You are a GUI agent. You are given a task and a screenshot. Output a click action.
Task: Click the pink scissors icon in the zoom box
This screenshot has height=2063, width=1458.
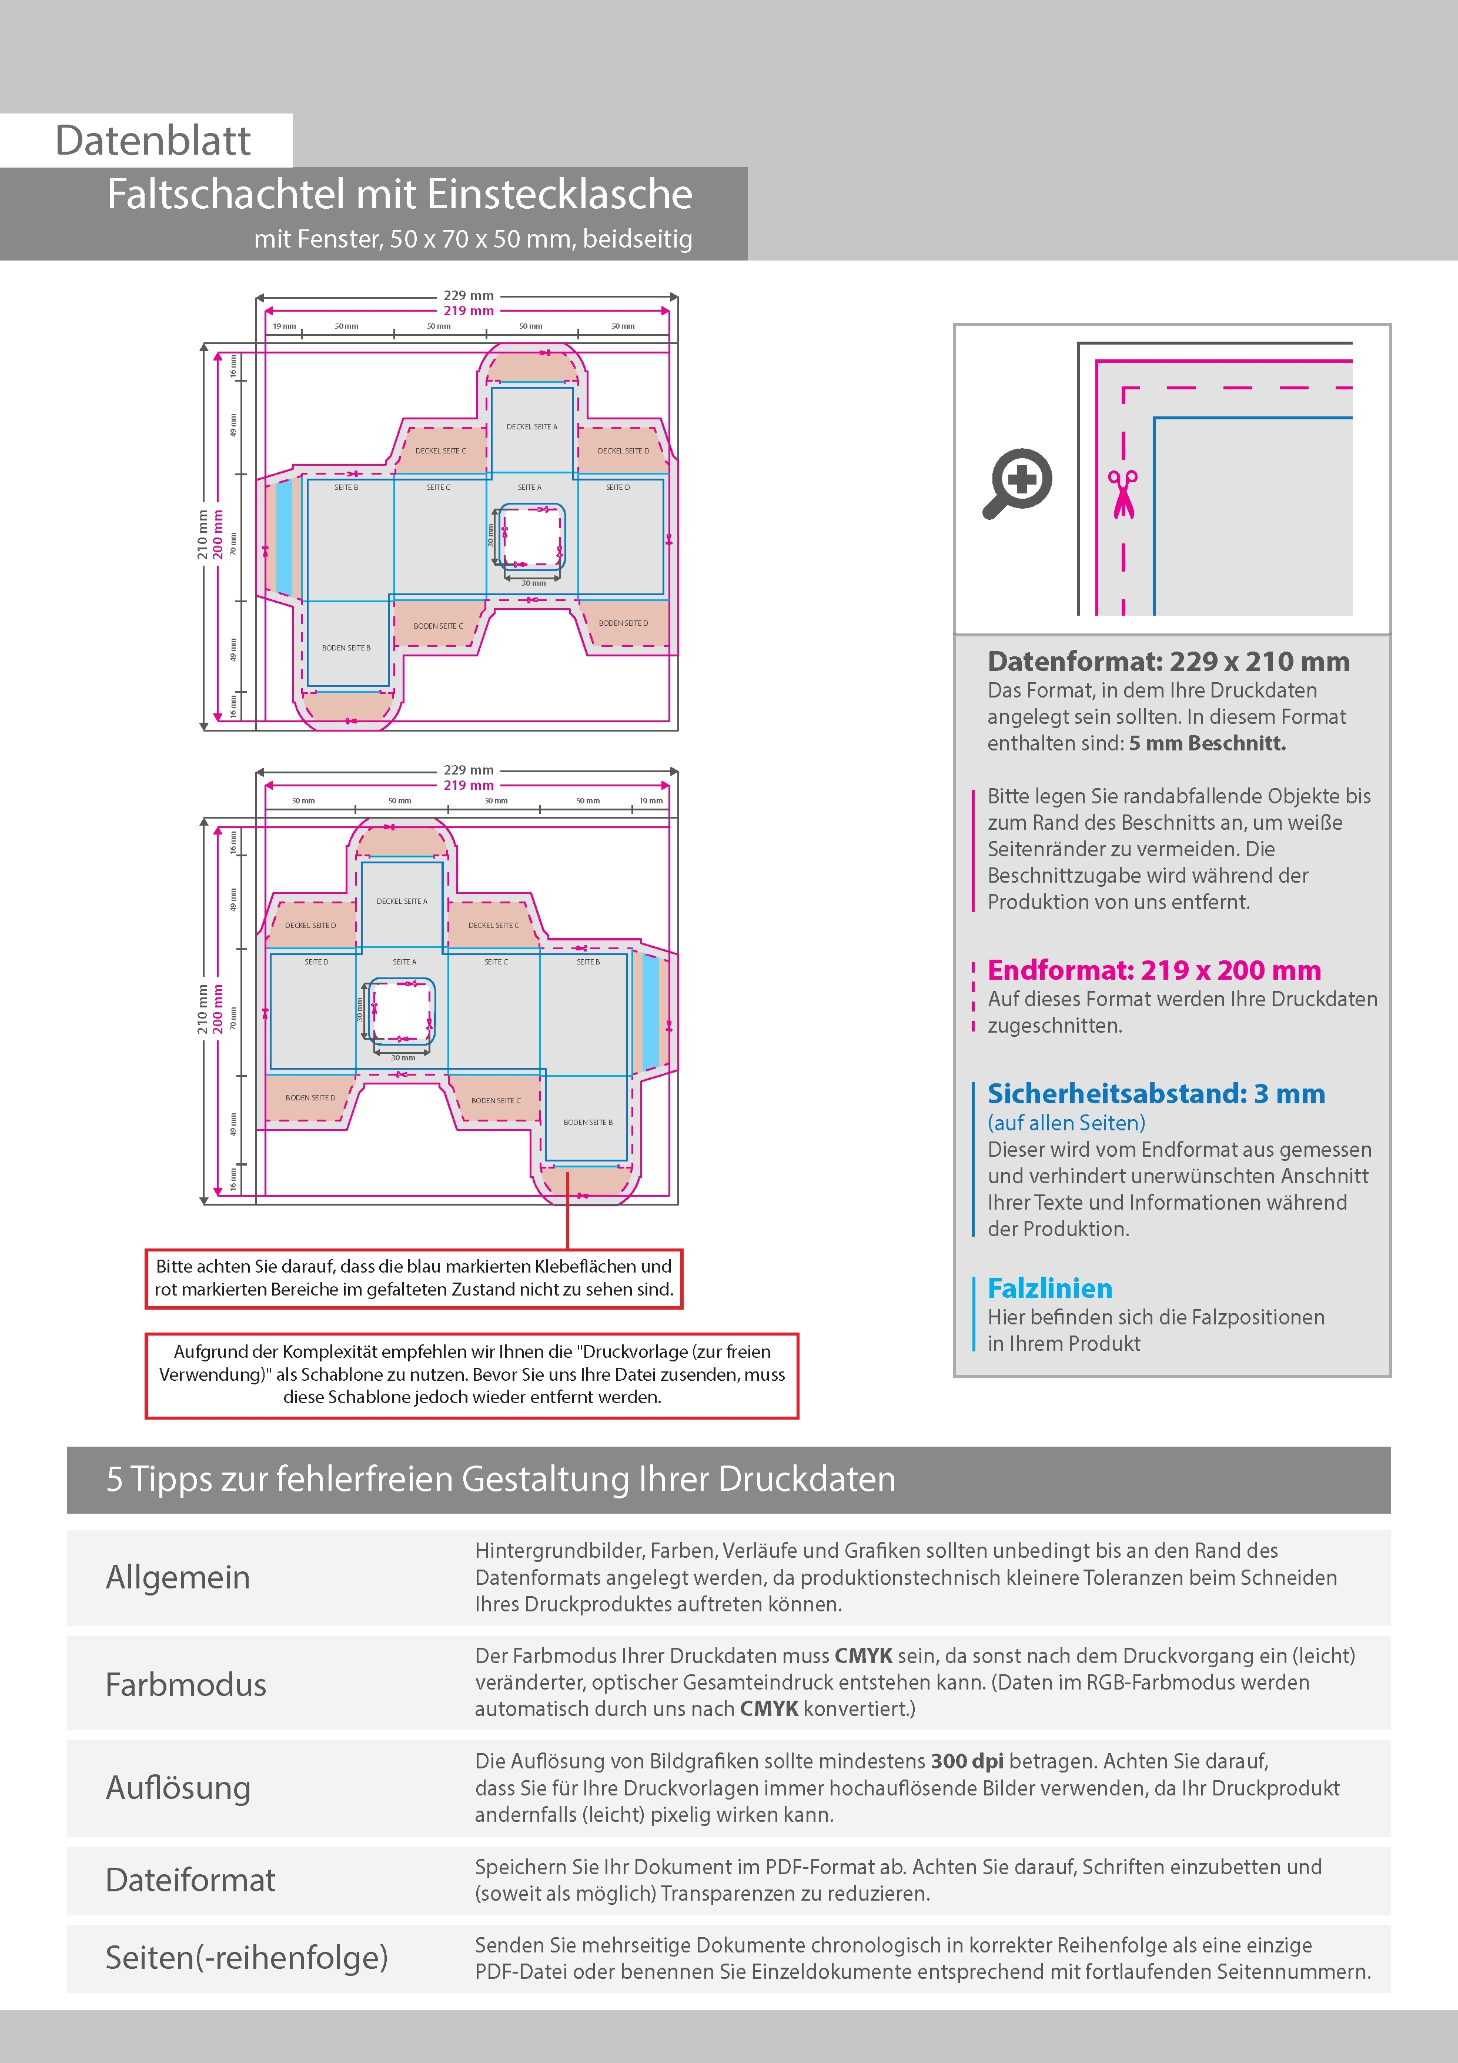tap(1122, 494)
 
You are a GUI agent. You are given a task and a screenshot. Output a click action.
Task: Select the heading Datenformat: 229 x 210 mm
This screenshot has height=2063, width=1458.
tap(1168, 662)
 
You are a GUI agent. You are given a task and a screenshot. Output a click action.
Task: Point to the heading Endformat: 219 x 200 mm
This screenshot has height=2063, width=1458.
tap(1153, 970)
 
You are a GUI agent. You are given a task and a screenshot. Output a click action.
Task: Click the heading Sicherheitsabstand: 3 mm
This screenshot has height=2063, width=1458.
tap(1155, 1093)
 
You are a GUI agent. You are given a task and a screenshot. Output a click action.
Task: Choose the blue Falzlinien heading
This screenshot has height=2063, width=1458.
tap(1049, 1288)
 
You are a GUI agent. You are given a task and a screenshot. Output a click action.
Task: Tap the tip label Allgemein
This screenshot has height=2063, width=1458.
tap(178, 1577)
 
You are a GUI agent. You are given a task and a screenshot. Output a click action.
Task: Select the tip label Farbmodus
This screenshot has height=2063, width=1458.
tap(186, 1684)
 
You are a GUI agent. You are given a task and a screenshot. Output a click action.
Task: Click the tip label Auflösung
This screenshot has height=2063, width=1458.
tap(178, 1787)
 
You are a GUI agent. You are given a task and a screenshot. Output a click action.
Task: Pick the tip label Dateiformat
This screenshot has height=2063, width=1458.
tap(190, 1880)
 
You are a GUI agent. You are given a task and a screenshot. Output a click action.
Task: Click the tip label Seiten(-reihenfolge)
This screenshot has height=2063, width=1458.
tap(246, 1957)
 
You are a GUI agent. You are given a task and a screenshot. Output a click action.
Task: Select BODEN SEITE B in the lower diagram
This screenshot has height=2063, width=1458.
tap(587, 1122)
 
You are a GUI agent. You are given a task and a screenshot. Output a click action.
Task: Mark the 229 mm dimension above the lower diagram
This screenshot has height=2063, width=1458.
tap(468, 770)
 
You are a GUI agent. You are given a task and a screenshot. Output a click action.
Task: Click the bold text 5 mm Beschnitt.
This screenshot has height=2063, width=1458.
tap(1208, 743)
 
